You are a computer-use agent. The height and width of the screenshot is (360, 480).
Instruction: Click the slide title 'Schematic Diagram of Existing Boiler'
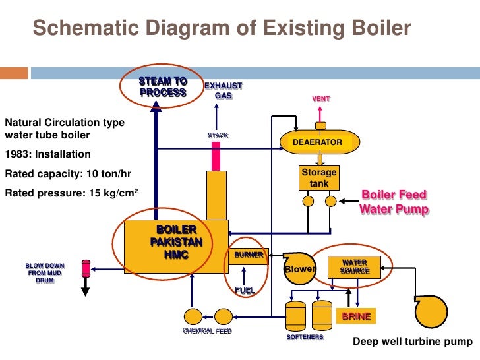click(x=222, y=29)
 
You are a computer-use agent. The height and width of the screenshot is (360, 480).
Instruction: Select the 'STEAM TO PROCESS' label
click(x=163, y=87)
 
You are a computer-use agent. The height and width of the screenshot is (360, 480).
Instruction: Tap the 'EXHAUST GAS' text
click(x=223, y=91)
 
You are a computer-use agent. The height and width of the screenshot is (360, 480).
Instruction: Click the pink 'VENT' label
click(x=321, y=99)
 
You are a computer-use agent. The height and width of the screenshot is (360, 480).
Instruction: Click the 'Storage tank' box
click(x=319, y=177)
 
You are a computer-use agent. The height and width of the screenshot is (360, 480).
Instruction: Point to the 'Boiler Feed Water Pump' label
click(x=394, y=202)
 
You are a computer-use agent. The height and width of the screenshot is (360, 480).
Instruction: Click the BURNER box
click(x=248, y=255)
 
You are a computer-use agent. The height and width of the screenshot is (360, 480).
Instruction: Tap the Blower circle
click(x=299, y=269)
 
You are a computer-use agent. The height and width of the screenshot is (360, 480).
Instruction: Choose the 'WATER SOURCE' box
click(x=350, y=267)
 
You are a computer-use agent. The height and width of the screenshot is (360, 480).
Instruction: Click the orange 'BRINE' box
click(x=356, y=317)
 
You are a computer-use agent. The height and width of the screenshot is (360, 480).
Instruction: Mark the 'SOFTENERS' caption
click(x=305, y=337)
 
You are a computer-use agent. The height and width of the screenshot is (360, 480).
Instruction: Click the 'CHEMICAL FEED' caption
click(x=207, y=331)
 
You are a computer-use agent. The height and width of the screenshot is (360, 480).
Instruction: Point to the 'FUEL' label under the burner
click(x=245, y=289)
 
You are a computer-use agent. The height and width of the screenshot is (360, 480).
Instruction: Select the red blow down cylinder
click(x=85, y=268)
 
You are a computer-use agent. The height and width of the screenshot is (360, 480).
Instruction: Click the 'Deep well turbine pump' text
click(x=413, y=342)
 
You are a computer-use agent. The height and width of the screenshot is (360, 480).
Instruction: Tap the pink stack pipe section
click(x=215, y=156)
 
